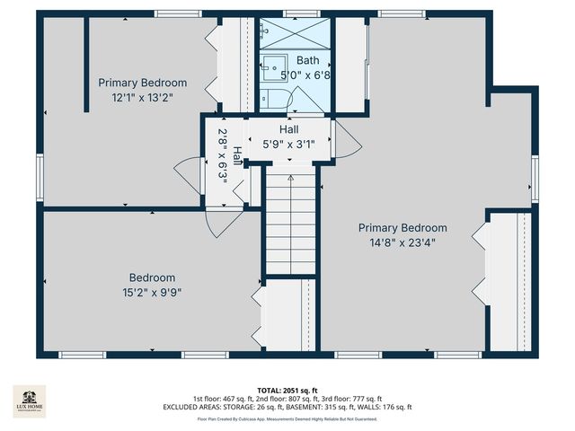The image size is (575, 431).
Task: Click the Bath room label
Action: click(x=307, y=61)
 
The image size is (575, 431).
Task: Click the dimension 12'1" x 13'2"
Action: click(x=142, y=96)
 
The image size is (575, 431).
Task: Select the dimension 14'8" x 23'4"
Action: click(x=402, y=242)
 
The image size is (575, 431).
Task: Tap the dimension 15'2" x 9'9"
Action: click(x=151, y=292)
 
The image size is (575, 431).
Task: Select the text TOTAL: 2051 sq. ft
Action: click(x=287, y=390)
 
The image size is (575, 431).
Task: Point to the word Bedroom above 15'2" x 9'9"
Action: click(x=152, y=277)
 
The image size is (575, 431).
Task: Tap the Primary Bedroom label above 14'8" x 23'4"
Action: click(x=402, y=228)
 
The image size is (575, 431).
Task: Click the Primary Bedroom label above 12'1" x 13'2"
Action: click(x=143, y=83)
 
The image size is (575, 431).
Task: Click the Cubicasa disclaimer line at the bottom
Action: click(x=287, y=418)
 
